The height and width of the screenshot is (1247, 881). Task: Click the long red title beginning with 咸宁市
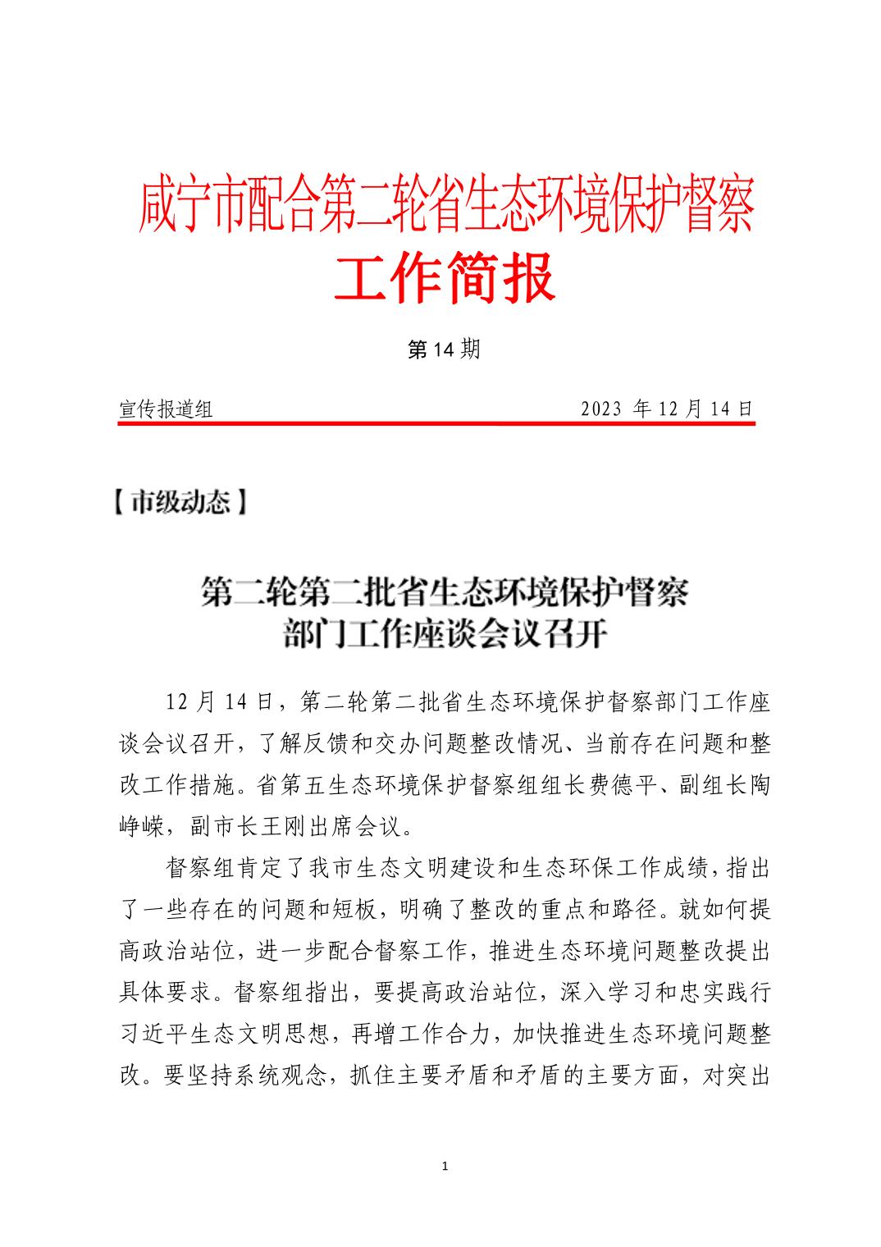click(x=446, y=208)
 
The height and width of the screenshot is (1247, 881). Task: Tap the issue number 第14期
click(x=443, y=350)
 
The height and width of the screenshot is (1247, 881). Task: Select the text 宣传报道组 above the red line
click(x=167, y=409)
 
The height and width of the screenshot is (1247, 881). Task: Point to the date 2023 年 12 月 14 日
click(x=666, y=409)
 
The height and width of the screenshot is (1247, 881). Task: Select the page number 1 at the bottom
click(x=444, y=1166)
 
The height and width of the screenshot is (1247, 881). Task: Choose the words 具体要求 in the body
click(x=167, y=993)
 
